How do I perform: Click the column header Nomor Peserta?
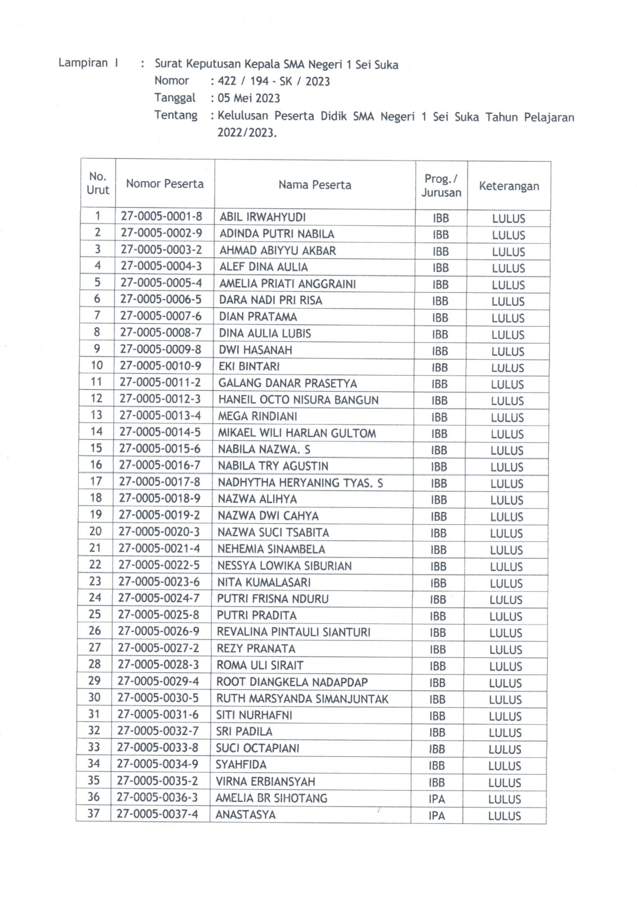coord(164,184)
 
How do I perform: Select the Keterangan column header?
coord(509,186)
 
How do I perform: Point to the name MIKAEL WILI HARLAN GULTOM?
coord(297,433)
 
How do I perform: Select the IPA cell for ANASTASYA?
coord(436,815)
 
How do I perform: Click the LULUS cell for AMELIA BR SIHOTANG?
coord(505,799)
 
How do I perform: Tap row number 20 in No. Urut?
coord(95,531)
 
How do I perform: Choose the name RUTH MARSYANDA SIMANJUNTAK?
coord(302,699)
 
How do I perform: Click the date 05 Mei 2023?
coord(249,99)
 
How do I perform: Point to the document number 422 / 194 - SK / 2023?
coord(274,81)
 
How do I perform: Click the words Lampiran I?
coord(88,63)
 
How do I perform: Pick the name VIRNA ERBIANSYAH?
coord(265,782)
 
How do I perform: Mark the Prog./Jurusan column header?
coord(441,185)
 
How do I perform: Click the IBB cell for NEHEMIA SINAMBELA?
coord(438,550)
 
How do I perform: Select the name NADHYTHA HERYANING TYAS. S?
coord(300,483)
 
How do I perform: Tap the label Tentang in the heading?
coord(176,115)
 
